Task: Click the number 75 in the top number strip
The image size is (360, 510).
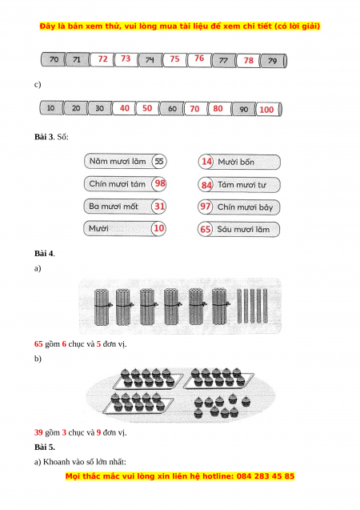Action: coord(175,59)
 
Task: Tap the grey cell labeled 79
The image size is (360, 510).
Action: coord(274,61)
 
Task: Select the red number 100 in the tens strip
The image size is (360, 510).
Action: coord(266,110)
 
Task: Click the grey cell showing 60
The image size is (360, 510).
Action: coord(172,109)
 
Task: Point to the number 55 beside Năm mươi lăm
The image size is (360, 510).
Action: coord(159,161)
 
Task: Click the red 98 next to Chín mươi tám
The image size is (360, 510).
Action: coord(160,183)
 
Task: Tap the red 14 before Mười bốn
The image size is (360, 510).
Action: coord(206,162)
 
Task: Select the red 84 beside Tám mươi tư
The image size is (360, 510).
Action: coord(206,185)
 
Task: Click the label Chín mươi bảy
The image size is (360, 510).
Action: coord(245,207)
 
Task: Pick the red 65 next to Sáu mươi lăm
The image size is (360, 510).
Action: coord(206,229)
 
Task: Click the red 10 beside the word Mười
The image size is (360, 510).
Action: coord(159,228)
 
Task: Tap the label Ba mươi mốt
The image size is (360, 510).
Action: coord(114,207)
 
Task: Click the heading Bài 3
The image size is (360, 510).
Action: coord(43,137)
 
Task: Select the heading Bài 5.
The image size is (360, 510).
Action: coord(45,448)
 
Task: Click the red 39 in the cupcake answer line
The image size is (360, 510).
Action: coord(38,432)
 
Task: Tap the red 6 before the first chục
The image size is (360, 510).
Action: coord(64,343)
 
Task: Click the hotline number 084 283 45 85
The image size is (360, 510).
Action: coord(266,476)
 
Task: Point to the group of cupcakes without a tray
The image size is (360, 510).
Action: coord(222,406)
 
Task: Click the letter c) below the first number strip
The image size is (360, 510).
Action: coord(38,85)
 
